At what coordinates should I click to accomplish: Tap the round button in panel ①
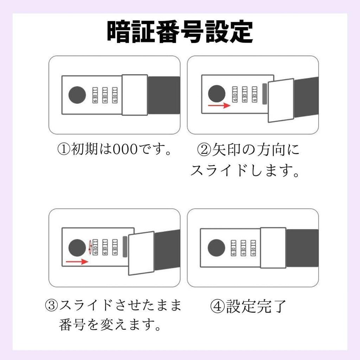(77, 95)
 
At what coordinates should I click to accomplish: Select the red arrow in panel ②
(219, 105)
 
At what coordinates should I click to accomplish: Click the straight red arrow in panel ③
(77, 262)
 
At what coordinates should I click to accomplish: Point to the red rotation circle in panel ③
(90, 247)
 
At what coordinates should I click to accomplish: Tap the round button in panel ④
(216, 248)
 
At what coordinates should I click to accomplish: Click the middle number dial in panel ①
(105, 95)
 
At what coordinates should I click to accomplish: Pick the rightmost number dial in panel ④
(253, 248)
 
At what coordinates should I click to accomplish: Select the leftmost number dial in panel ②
(234, 94)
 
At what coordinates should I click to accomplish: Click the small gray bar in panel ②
(264, 94)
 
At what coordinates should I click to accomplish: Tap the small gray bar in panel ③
(125, 247)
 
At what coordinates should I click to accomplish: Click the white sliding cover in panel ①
(135, 95)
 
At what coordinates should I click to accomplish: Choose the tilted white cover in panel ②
(281, 100)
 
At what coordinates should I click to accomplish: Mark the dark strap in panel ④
(302, 248)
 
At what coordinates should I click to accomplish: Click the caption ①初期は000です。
(114, 149)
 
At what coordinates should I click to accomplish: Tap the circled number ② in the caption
(204, 150)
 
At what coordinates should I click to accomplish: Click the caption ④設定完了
(248, 306)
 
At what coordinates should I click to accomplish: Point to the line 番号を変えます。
(110, 324)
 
